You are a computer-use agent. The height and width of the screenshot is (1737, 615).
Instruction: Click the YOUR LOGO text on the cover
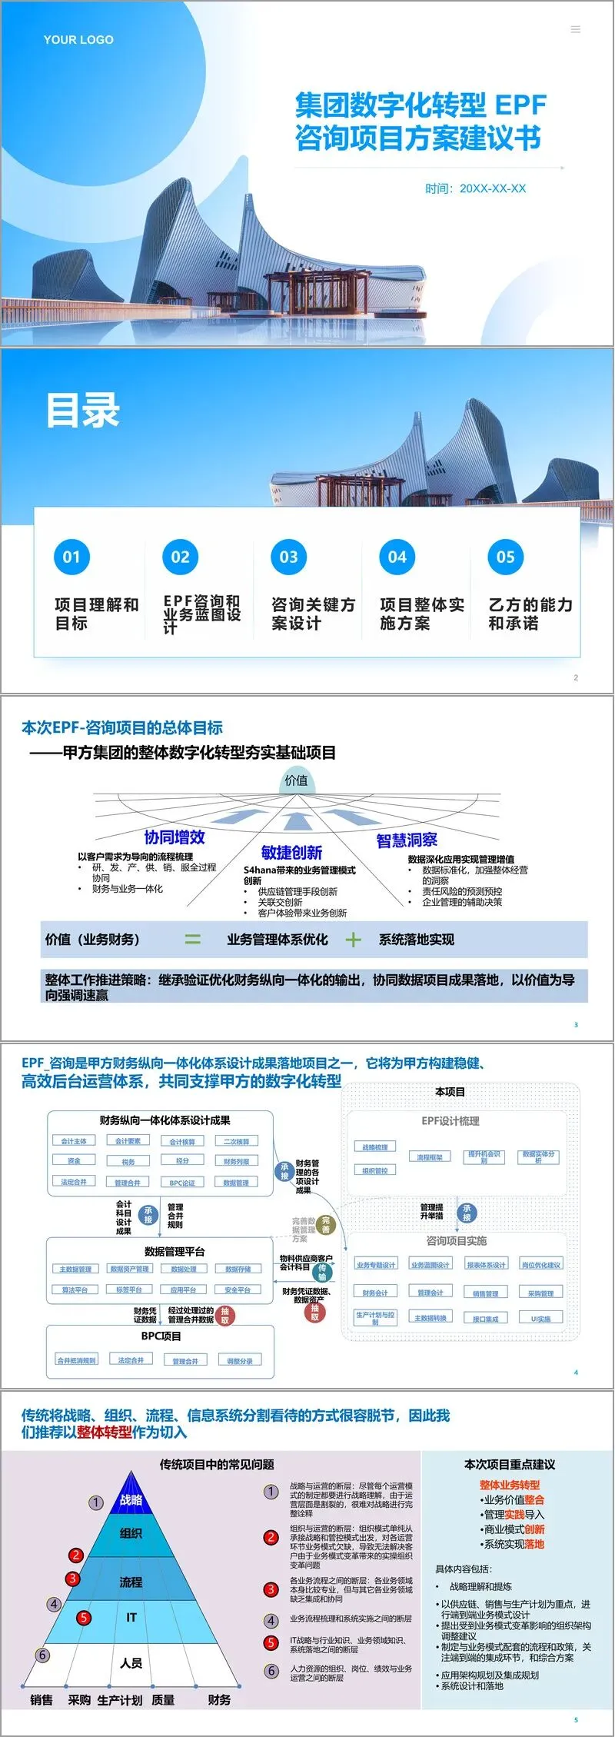[78, 40]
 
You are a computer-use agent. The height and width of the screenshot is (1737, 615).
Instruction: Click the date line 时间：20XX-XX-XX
[476, 188]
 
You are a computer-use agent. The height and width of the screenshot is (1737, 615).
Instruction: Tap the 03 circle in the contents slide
[288, 557]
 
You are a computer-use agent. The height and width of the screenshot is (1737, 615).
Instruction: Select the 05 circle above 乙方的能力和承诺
[505, 557]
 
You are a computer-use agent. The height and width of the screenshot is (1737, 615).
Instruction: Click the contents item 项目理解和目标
[96, 614]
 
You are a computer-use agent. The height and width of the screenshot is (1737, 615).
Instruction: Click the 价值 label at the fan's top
[296, 780]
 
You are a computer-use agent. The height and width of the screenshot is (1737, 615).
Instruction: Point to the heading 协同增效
[175, 837]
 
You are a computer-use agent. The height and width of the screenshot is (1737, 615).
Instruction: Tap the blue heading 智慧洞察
[407, 840]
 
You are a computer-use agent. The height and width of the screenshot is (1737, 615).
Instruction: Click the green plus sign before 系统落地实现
[353, 939]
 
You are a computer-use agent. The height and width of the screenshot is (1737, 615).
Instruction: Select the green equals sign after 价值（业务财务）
[192, 939]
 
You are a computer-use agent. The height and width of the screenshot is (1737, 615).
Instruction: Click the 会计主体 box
[74, 1141]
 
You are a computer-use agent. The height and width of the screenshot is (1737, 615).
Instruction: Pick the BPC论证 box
[182, 1183]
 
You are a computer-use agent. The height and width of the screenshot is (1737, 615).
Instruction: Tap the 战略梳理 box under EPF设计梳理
[375, 1146]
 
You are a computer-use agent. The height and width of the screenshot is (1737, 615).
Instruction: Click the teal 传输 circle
[323, 1272]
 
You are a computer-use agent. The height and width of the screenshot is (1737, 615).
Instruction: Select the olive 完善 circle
[325, 1223]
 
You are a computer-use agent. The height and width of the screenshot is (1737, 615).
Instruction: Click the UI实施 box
[541, 1318]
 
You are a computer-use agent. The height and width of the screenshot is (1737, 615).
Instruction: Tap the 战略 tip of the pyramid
[131, 1499]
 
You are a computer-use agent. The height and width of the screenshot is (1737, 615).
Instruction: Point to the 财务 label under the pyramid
[219, 1699]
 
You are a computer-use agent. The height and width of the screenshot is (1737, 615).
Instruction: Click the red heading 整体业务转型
[510, 1485]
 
